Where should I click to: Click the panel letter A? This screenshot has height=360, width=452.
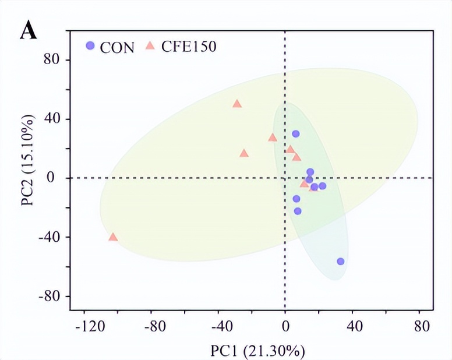tap(29, 30)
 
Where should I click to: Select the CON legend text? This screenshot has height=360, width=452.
tap(117, 47)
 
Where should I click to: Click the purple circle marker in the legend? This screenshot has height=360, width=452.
tap(90, 45)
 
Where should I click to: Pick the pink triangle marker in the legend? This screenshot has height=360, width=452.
tap(150, 45)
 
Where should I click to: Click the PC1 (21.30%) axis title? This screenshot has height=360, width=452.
tap(257, 350)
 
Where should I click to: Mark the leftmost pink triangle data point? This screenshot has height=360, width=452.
tap(113, 237)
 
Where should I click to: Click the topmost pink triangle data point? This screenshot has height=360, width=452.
tap(237, 104)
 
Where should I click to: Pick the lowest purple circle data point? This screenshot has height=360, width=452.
tap(341, 262)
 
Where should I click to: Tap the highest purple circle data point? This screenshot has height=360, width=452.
tap(296, 134)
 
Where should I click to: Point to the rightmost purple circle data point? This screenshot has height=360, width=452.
tap(341, 262)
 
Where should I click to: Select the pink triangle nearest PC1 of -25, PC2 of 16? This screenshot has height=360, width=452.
tap(244, 153)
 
